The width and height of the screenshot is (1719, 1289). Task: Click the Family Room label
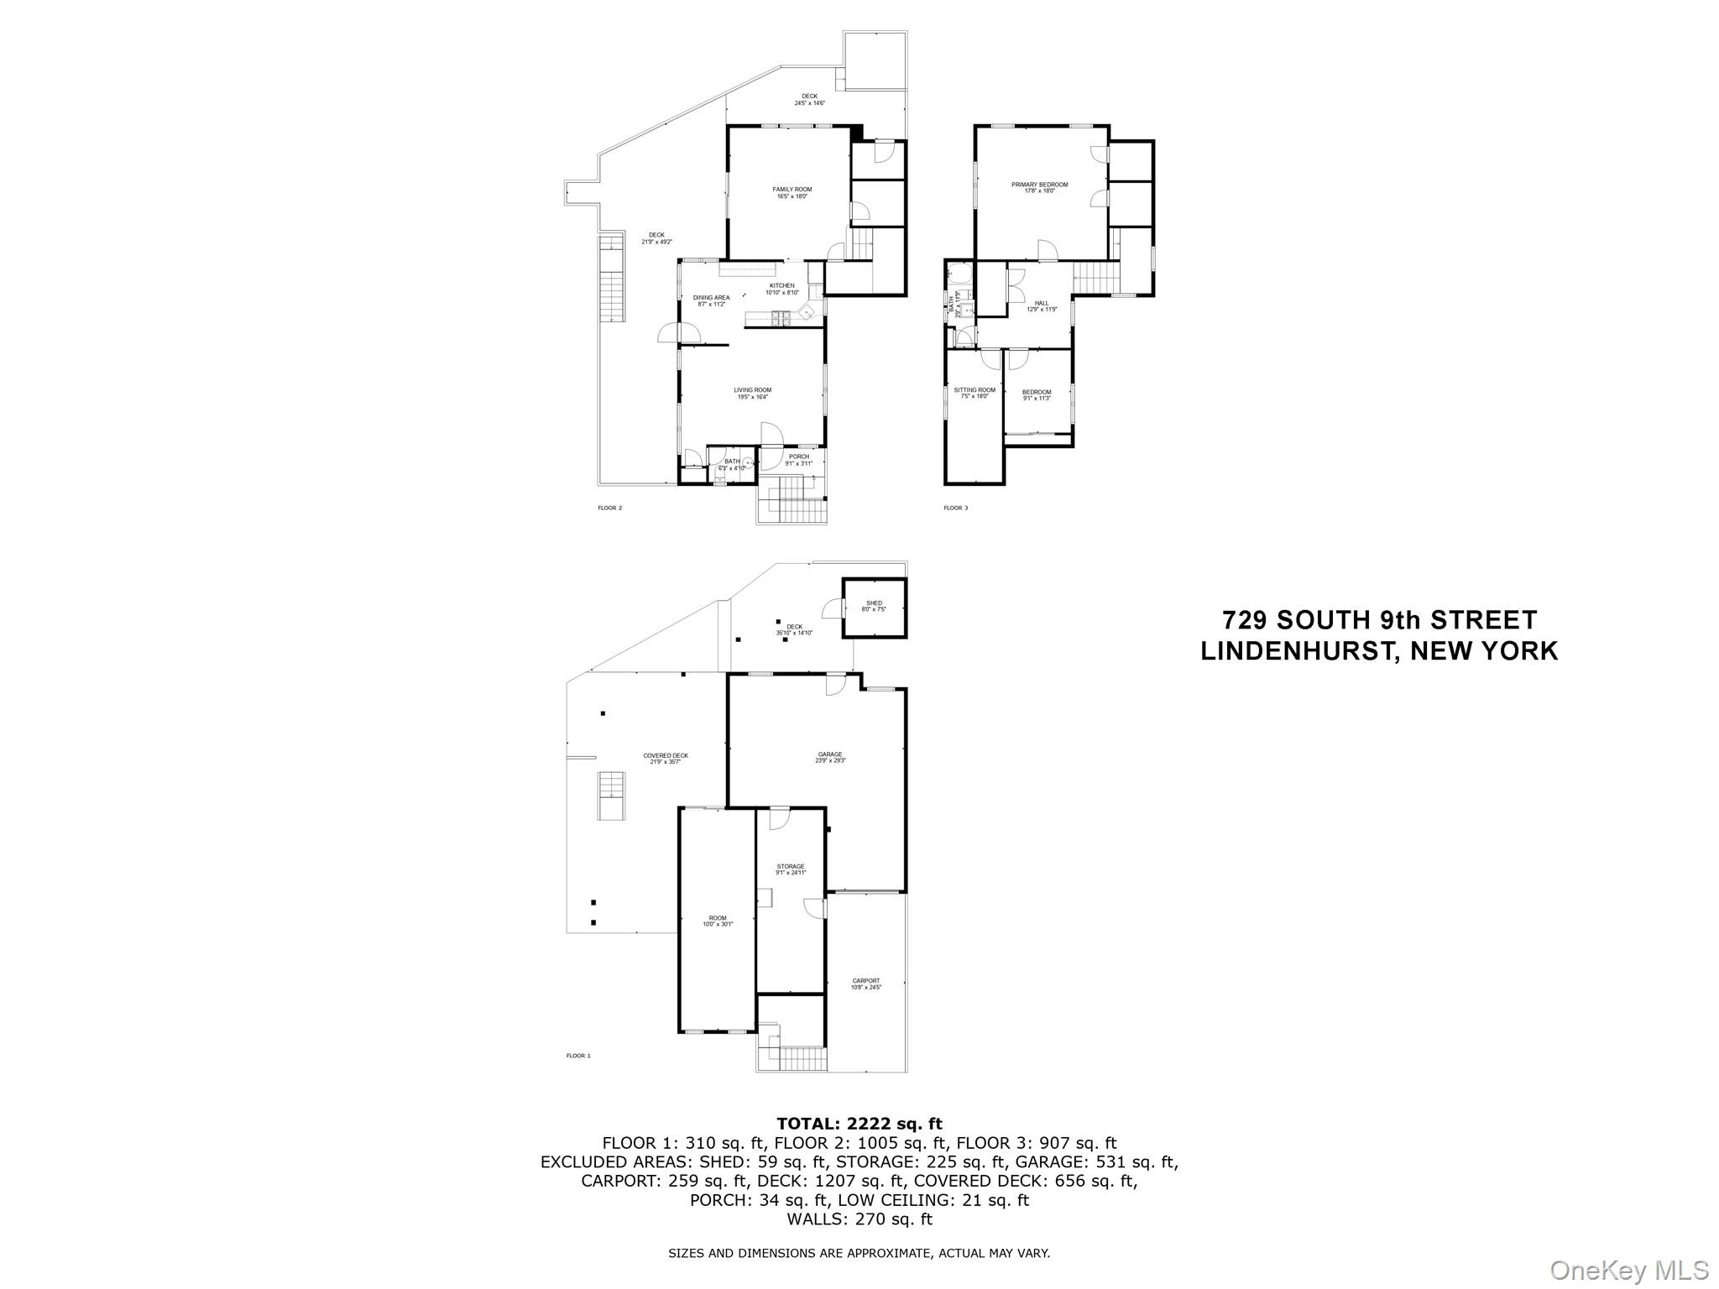point(792,190)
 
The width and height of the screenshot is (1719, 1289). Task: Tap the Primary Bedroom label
point(1039,185)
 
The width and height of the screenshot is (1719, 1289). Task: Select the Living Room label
point(752,390)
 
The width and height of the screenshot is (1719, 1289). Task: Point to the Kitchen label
point(781,286)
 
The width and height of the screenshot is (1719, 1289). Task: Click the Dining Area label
point(711,298)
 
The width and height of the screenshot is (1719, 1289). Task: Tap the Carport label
point(866,981)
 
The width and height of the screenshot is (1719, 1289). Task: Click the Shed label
point(874,603)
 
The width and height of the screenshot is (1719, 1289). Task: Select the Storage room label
point(790,867)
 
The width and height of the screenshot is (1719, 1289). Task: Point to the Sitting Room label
point(974,390)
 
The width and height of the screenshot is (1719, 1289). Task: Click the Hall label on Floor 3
point(1042,304)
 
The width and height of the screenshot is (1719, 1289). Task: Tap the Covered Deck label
point(666,756)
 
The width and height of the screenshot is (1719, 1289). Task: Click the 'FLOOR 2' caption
point(609,508)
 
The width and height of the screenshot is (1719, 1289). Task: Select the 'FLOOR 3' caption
point(955,508)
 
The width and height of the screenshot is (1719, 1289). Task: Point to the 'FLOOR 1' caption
point(578,1056)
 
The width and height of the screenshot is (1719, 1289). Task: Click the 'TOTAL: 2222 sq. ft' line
point(859,1124)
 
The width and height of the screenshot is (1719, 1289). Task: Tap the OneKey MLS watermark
point(1629,1270)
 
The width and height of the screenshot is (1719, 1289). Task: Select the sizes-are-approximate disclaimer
point(859,1253)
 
